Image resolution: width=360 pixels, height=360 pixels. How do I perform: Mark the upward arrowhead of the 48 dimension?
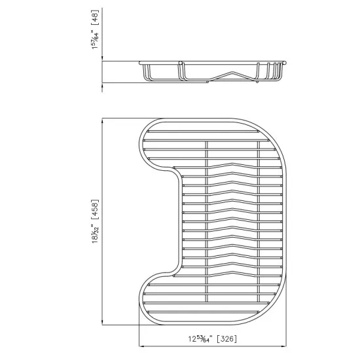click(x=102, y=86)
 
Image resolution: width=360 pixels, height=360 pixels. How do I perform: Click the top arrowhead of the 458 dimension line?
click(x=102, y=122)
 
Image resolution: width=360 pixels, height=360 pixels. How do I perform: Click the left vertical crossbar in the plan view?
click(x=207, y=223)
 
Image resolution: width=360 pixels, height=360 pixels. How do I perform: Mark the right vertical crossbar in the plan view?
click(x=260, y=223)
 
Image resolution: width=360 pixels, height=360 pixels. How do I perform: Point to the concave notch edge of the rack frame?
click(x=177, y=223)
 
